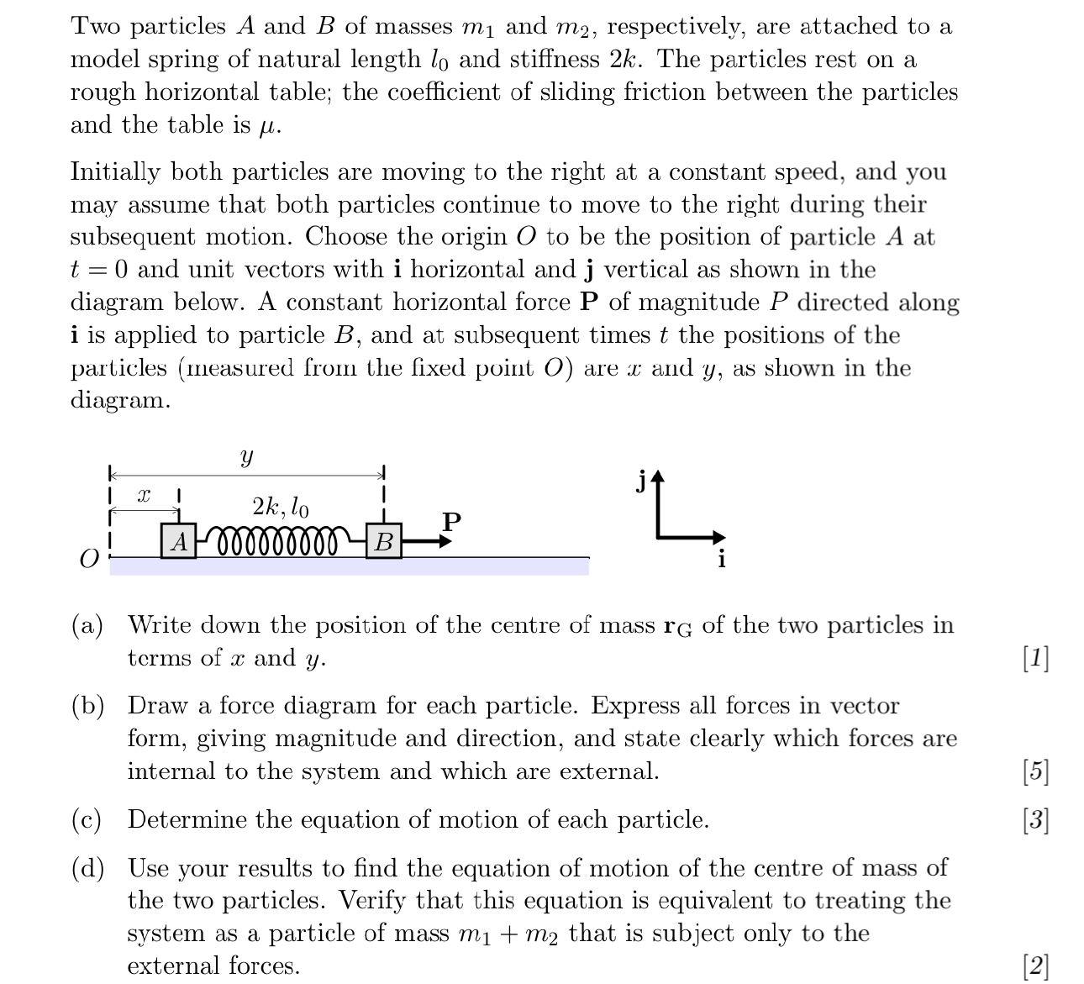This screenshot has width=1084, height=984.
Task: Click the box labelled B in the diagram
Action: pyautogui.click(x=383, y=541)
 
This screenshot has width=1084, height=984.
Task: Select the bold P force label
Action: pyautogui.click(x=451, y=521)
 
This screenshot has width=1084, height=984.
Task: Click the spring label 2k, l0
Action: pyautogui.click(x=280, y=507)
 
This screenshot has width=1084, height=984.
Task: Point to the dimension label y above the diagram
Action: pyautogui.click(x=245, y=457)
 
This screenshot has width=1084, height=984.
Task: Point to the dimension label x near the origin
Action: pyautogui.click(x=144, y=496)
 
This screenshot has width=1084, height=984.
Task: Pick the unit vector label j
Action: pyautogui.click(x=641, y=481)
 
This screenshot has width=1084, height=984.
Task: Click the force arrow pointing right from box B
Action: pyautogui.click(x=428, y=541)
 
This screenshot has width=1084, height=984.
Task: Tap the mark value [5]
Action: pyautogui.click(x=1036, y=771)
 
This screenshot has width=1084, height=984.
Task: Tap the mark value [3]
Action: pyautogui.click(x=1036, y=819)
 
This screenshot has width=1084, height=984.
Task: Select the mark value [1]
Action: pyautogui.click(x=1036, y=658)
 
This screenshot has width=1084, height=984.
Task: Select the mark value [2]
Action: pyautogui.click(x=1036, y=966)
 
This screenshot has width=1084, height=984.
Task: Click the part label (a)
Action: pyautogui.click(x=87, y=625)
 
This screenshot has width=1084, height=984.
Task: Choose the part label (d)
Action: pyautogui.click(x=87, y=868)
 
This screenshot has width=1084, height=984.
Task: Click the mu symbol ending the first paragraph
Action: pyautogui.click(x=267, y=127)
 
